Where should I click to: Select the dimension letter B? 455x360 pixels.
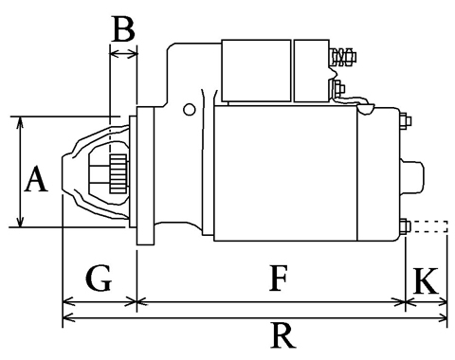click(123, 29)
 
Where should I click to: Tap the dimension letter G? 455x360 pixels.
click(99, 279)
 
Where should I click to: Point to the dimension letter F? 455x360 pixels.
click(279, 279)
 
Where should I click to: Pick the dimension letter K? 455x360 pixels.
click(427, 280)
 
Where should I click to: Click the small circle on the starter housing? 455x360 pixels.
click(190, 110)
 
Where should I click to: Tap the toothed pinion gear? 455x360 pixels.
click(118, 173)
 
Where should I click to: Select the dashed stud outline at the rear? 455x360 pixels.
click(429, 226)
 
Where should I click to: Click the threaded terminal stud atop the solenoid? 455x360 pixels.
click(342, 57)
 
